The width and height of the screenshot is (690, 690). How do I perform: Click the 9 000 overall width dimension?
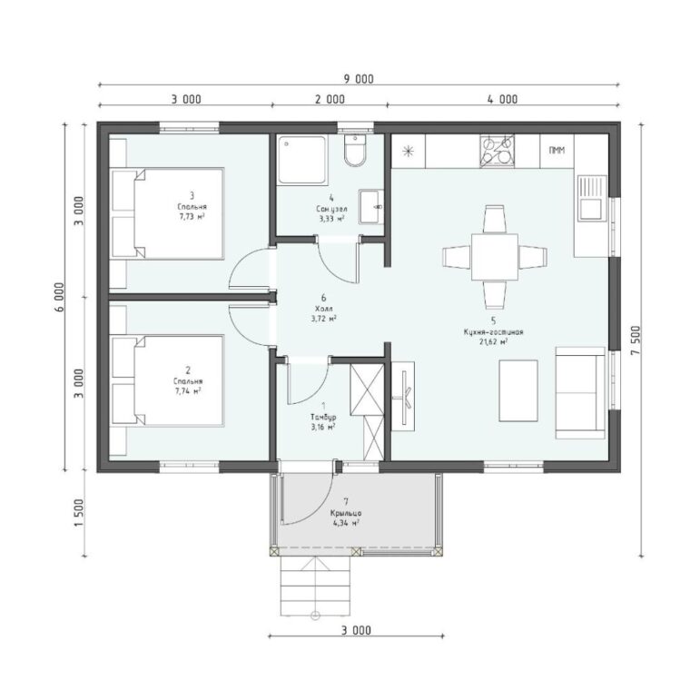pos(359,79)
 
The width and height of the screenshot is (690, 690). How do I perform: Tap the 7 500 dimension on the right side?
pos(637,341)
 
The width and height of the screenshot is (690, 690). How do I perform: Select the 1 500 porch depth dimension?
pos(79,514)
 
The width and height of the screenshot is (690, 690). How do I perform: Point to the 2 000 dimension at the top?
pos(330,100)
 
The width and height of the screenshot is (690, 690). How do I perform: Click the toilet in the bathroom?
pos(355,150)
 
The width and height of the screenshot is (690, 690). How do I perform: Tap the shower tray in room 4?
pos(301,159)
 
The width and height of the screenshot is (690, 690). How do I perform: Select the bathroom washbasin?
pos(371,206)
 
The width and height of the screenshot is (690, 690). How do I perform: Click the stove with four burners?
pos(497,151)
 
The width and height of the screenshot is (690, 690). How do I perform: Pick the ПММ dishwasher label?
pos(557,151)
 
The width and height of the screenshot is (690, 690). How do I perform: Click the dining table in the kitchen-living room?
pos(495,257)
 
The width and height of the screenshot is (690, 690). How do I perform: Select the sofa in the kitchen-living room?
pos(580,392)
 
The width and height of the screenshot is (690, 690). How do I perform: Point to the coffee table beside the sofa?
pos(518,390)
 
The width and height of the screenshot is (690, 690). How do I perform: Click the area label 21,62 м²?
pos(494,341)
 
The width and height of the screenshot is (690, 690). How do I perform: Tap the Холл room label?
pos(324,309)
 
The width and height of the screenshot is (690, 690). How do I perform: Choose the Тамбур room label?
pos(323,417)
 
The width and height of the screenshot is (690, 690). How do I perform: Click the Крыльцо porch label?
pos(346,514)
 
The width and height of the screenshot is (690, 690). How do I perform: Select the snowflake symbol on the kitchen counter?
pos(409,152)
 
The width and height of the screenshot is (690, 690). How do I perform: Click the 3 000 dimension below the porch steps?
pos(356,630)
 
